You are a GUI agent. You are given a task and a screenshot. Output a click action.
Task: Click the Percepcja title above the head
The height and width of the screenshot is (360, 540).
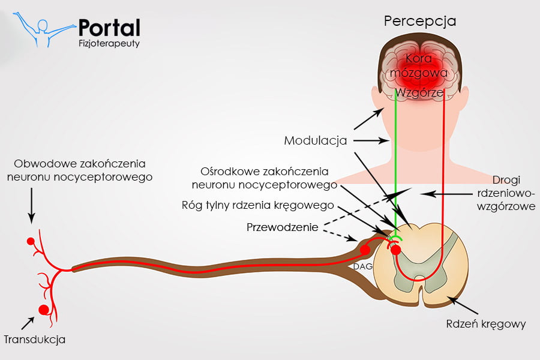click(x=420, y=21)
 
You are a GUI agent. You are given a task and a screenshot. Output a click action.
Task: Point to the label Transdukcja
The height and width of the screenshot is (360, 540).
click(x=35, y=340)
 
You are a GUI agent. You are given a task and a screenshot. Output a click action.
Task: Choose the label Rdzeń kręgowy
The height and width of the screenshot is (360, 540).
click(x=486, y=324)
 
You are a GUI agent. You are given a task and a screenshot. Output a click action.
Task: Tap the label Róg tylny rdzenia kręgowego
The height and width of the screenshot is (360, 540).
click(x=257, y=205)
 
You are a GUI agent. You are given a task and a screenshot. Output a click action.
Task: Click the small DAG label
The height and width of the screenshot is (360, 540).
click(x=360, y=266)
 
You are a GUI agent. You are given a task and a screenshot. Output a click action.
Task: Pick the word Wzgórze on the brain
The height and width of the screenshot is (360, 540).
click(x=419, y=92)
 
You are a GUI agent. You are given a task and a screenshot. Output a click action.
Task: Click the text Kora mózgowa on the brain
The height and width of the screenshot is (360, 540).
click(x=427, y=65)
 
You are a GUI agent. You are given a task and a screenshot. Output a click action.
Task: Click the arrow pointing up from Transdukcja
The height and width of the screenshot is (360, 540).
click(x=28, y=322)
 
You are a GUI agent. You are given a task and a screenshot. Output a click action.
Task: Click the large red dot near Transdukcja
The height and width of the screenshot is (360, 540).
click(x=43, y=310)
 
